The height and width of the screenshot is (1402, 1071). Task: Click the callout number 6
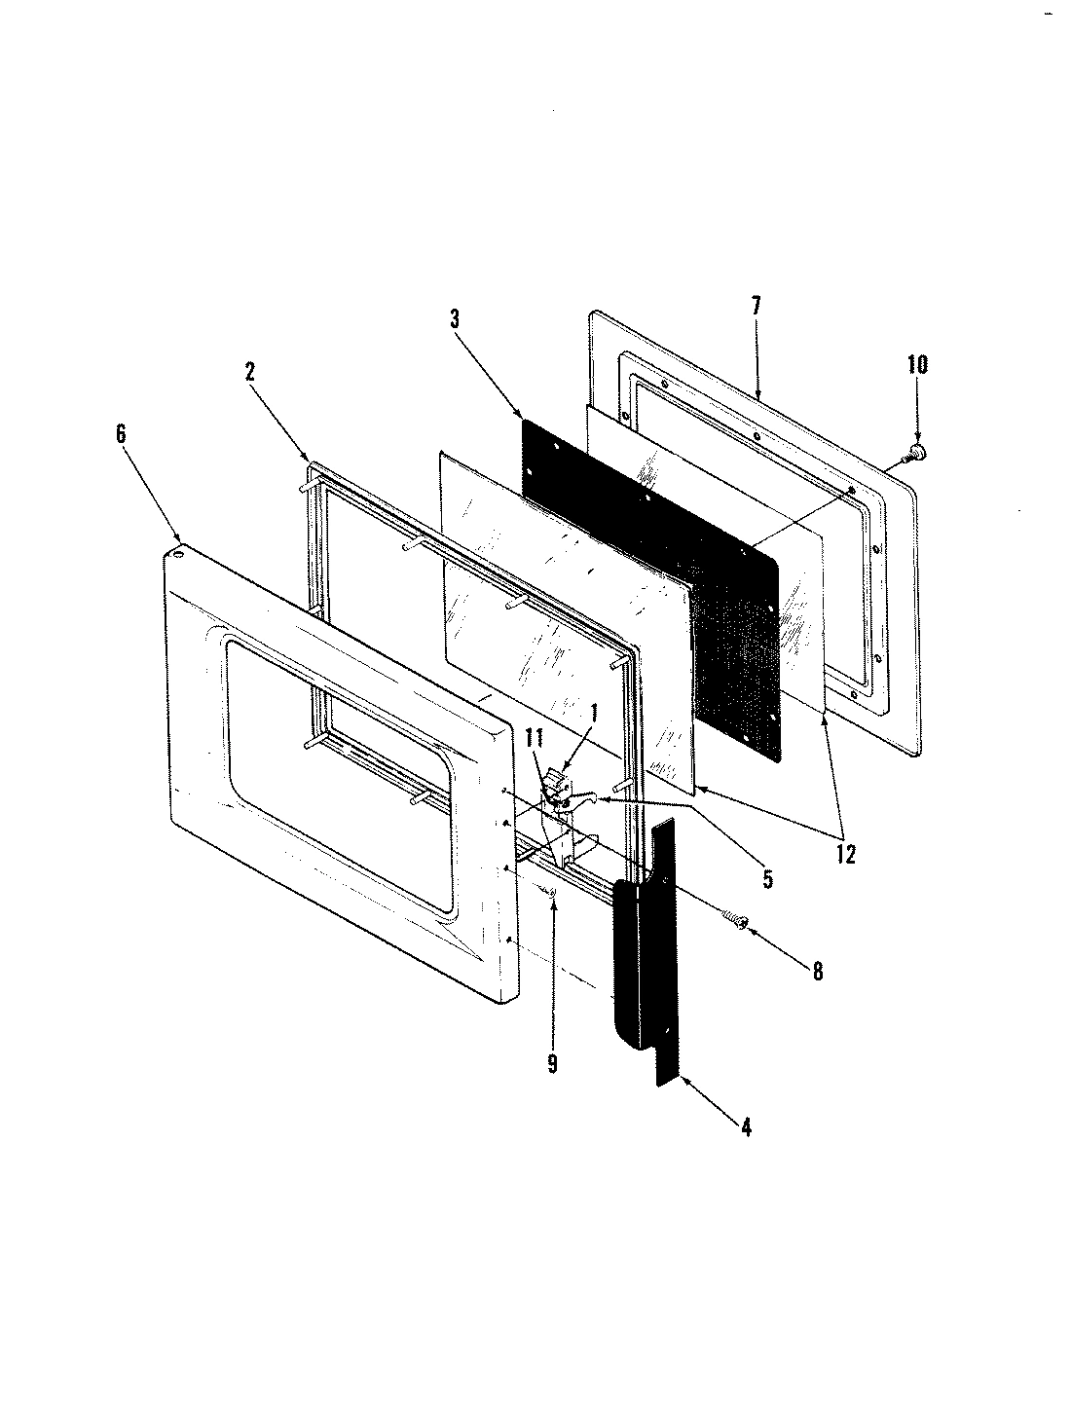121,434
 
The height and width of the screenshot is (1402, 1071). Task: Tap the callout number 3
454,318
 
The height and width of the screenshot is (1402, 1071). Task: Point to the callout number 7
756,305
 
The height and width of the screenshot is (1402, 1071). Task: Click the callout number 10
917,365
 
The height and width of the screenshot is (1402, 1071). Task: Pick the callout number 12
844,854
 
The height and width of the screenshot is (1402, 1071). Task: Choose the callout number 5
767,880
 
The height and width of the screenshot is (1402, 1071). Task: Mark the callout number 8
817,971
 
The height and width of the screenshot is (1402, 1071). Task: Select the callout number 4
745,1128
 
